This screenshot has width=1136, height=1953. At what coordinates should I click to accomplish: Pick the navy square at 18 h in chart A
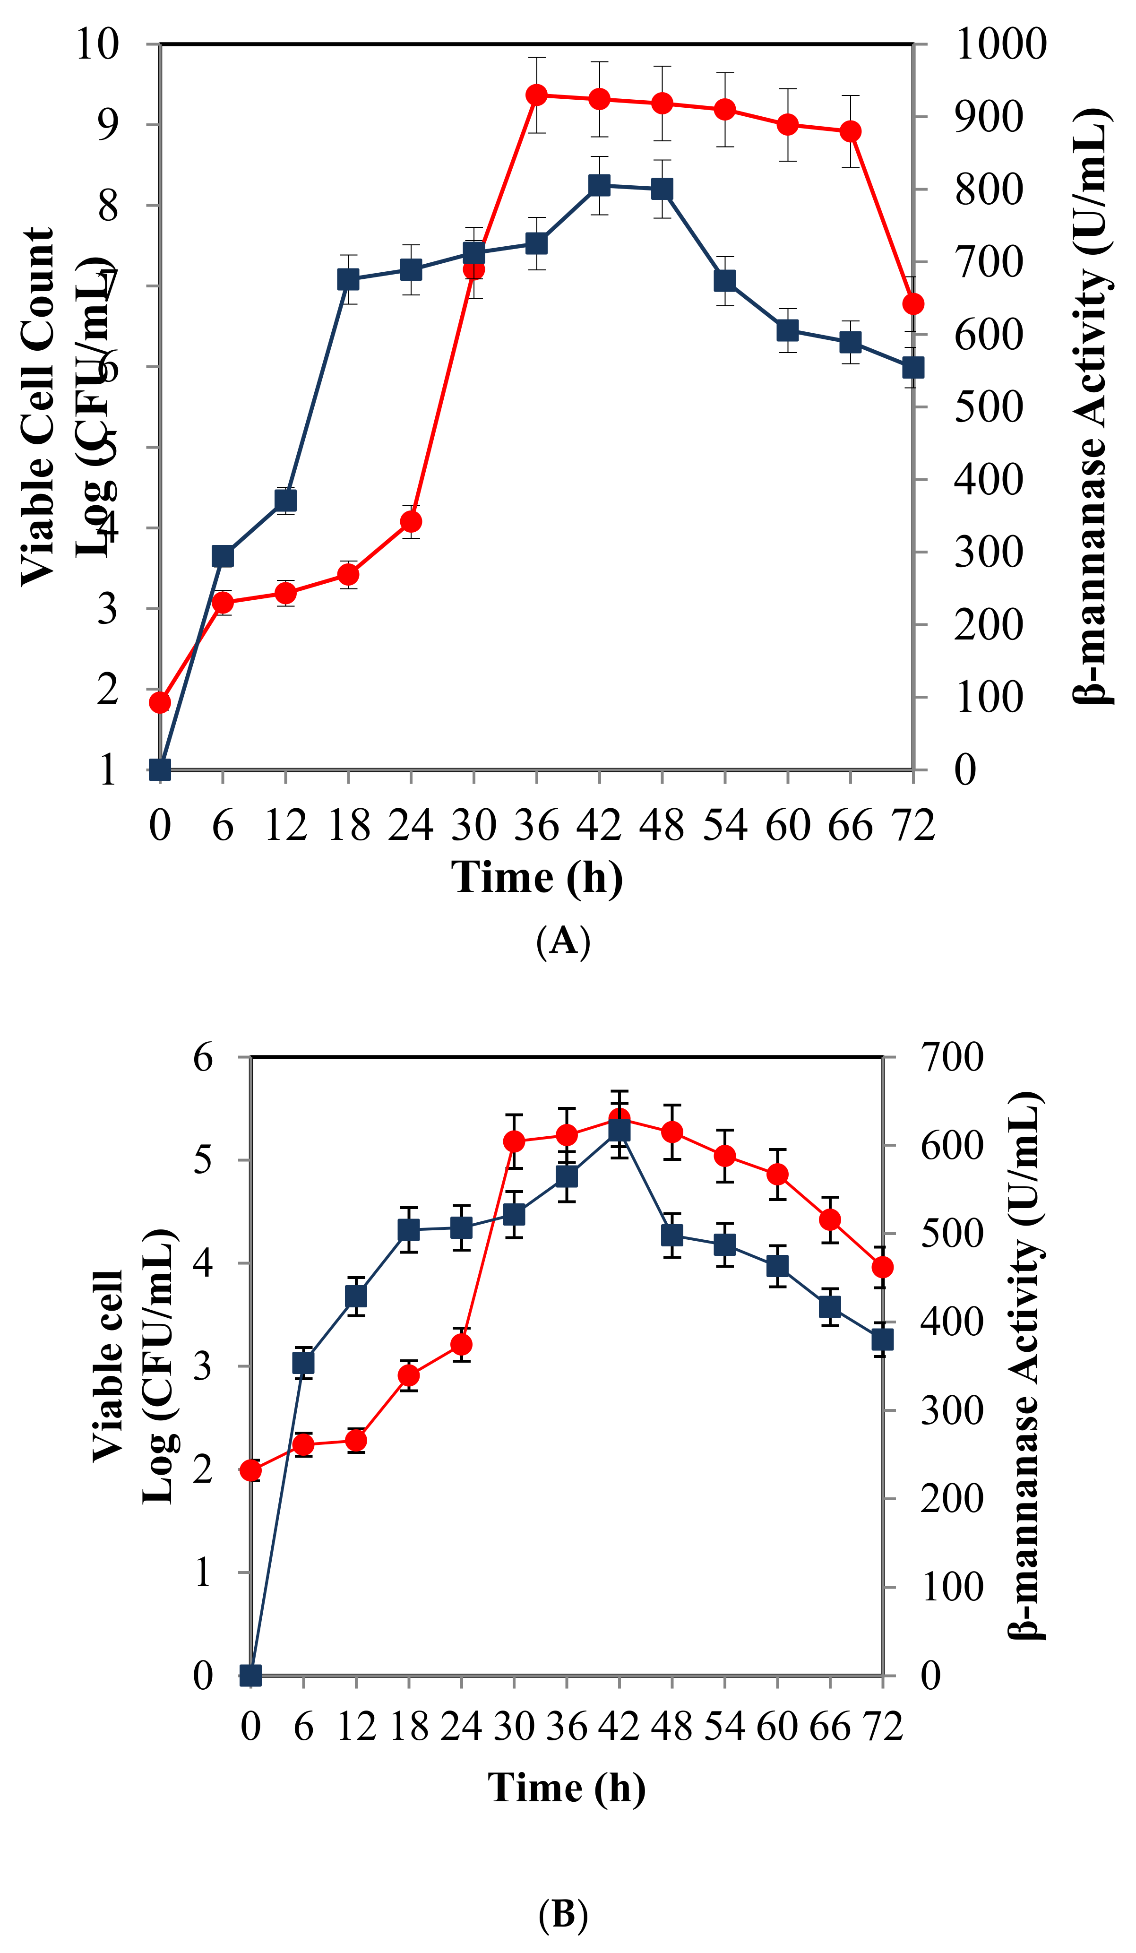(349, 279)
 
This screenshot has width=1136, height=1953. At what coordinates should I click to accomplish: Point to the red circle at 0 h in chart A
(160, 702)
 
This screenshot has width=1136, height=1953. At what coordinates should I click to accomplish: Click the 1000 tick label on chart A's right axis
(999, 43)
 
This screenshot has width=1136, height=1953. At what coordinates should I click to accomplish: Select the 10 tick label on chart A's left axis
(98, 43)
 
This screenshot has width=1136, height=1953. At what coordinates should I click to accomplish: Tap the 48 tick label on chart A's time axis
(662, 825)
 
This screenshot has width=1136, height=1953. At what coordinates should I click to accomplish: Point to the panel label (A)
(563, 941)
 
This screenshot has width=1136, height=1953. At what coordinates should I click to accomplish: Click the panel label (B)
(563, 1914)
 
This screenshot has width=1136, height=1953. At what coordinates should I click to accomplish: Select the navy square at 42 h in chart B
(619, 1131)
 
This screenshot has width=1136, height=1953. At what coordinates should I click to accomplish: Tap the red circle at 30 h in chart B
(514, 1141)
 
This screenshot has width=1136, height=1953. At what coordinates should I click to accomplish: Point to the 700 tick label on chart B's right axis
(952, 1057)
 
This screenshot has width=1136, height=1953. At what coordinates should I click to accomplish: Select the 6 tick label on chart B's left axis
(203, 1057)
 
